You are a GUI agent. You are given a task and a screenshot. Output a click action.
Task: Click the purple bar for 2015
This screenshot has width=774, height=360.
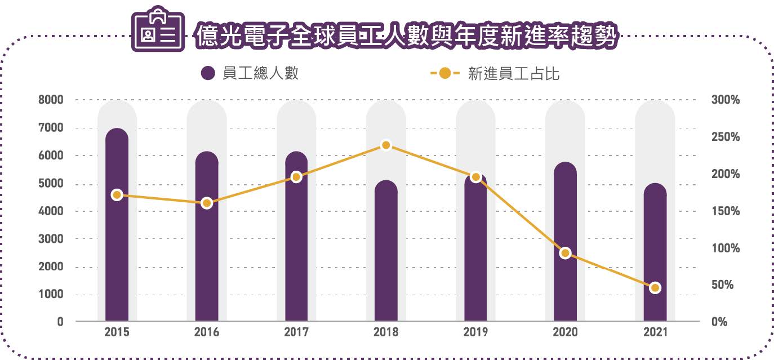pyautogui.click(x=117, y=225)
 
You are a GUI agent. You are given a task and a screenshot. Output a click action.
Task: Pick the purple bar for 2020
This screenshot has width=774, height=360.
pyautogui.click(x=565, y=242)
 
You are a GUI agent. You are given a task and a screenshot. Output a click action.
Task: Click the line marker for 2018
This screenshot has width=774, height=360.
pyautogui.click(x=386, y=145)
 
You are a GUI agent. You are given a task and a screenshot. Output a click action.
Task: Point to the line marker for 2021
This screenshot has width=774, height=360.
pyautogui.click(x=655, y=288)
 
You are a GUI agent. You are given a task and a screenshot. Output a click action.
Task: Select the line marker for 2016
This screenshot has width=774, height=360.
pyautogui.click(x=207, y=203)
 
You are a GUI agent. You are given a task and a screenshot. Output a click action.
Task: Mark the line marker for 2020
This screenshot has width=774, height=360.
pyautogui.click(x=565, y=253)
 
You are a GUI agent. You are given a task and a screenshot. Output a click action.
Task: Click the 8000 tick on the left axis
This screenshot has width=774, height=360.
pyautogui.click(x=51, y=100)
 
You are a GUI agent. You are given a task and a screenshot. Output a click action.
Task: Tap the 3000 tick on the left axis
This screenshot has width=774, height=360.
pyautogui.click(x=51, y=239)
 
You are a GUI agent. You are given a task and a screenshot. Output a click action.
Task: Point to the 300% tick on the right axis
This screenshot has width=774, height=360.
pyautogui.click(x=726, y=100)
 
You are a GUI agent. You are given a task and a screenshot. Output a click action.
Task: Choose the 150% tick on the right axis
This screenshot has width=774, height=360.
pyautogui.click(x=726, y=211)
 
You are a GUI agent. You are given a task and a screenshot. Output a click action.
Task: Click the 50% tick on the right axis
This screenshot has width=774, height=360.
pyautogui.click(x=723, y=285)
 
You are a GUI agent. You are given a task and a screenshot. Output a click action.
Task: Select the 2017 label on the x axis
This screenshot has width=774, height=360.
pyautogui.click(x=296, y=332)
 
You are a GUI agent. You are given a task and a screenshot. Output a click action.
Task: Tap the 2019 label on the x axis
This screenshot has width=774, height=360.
pyautogui.click(x=475, y=332)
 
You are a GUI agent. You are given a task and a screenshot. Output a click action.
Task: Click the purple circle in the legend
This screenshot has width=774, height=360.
pyautogui.click(x=208, y=73)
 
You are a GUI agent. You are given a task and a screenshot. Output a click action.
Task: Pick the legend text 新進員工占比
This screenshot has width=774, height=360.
pyautogui.click(x=514, y=74)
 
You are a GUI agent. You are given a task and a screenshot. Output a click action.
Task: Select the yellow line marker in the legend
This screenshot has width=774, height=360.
pyautogui.click(x=445, y=73)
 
